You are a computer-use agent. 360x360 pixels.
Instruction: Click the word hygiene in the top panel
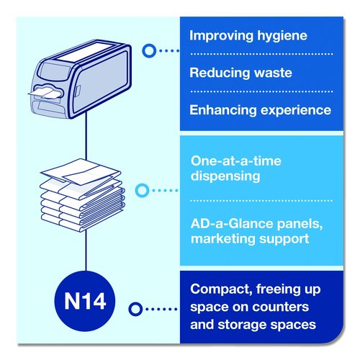pos(282,37)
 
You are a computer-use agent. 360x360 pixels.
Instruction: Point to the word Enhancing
pos(223,111)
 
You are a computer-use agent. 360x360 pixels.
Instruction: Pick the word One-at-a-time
pos(236,161)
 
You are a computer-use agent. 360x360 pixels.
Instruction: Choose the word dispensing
pos(225,176)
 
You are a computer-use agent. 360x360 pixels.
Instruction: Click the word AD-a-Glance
pos(232,224)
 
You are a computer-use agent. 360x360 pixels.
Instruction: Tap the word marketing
pos(223,239)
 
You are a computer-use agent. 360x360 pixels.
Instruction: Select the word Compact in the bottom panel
pos(221,289)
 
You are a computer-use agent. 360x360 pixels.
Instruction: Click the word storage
pos(242,325)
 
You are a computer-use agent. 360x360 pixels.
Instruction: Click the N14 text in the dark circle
pos(85,301)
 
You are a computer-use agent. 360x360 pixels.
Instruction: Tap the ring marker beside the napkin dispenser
pos(149,50)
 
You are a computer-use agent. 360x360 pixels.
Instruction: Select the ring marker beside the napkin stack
pos(142,191)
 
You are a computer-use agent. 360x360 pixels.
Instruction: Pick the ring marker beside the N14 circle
pos(135,309)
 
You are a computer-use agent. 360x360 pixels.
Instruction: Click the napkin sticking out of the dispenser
pos(45,93)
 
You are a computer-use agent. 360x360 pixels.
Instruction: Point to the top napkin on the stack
pos(81,171)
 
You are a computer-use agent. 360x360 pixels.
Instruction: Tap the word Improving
pos(222,36)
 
